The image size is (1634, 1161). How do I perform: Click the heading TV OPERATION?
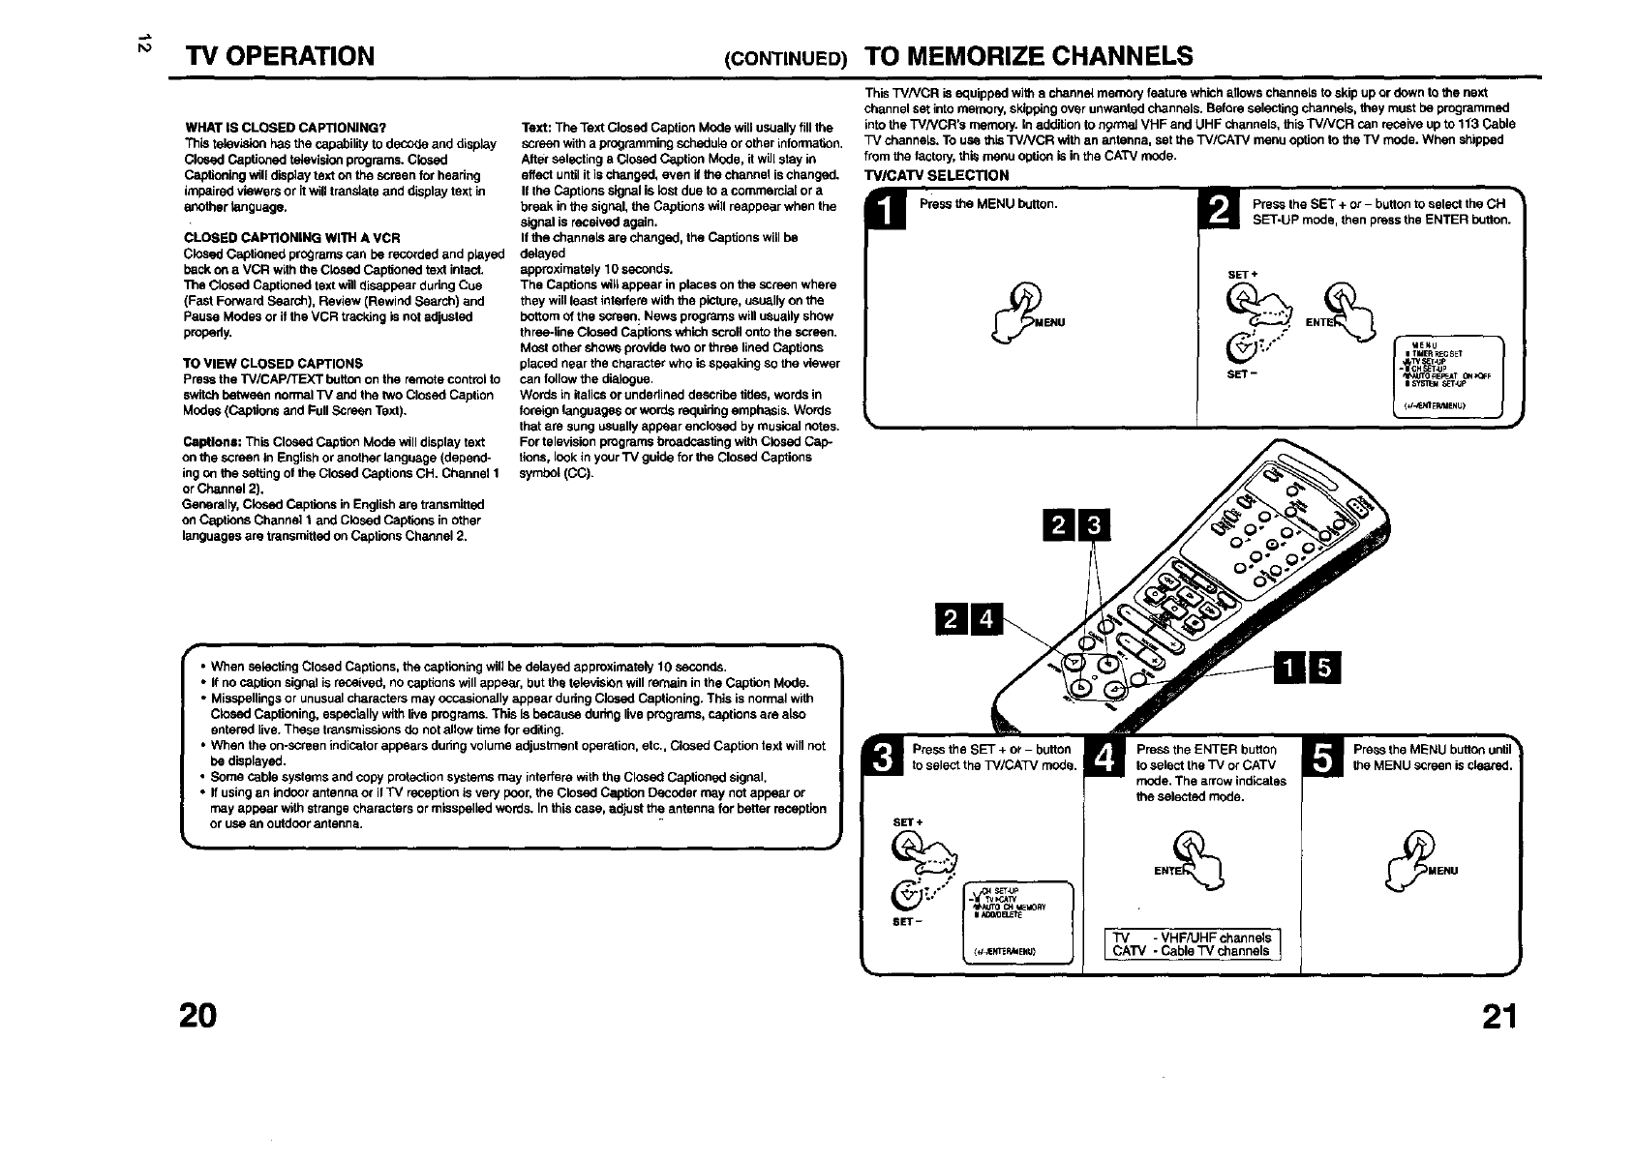tap(281, 55)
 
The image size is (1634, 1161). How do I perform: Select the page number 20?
tap(198, 1016)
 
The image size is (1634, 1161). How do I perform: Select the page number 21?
tap(1498, 1016)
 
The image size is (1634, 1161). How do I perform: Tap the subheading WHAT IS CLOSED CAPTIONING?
tap(286, 128)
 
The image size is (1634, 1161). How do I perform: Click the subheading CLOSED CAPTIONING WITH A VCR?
tap(292, 238)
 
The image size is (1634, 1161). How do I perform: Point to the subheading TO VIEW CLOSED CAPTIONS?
tap(273, 364)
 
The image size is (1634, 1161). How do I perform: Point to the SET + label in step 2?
tap(1242, 275)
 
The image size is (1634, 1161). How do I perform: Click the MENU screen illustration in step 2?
tap(1447, 377)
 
